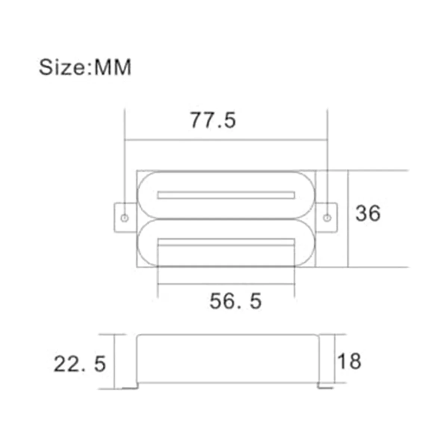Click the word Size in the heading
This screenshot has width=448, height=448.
click(62, 67)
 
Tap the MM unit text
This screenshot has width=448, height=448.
click(113, 67)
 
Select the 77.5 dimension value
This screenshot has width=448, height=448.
click(213, 121)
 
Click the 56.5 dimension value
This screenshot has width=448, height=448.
click(235, 301)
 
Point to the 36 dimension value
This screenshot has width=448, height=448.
click(368, 213)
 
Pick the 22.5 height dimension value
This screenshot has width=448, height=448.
click(80, 364)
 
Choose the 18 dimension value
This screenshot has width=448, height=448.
click(349, 361)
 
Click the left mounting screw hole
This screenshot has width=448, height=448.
click(125, 218)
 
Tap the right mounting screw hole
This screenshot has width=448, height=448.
click(327, 218)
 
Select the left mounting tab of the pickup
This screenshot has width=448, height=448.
click(125, 218)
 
